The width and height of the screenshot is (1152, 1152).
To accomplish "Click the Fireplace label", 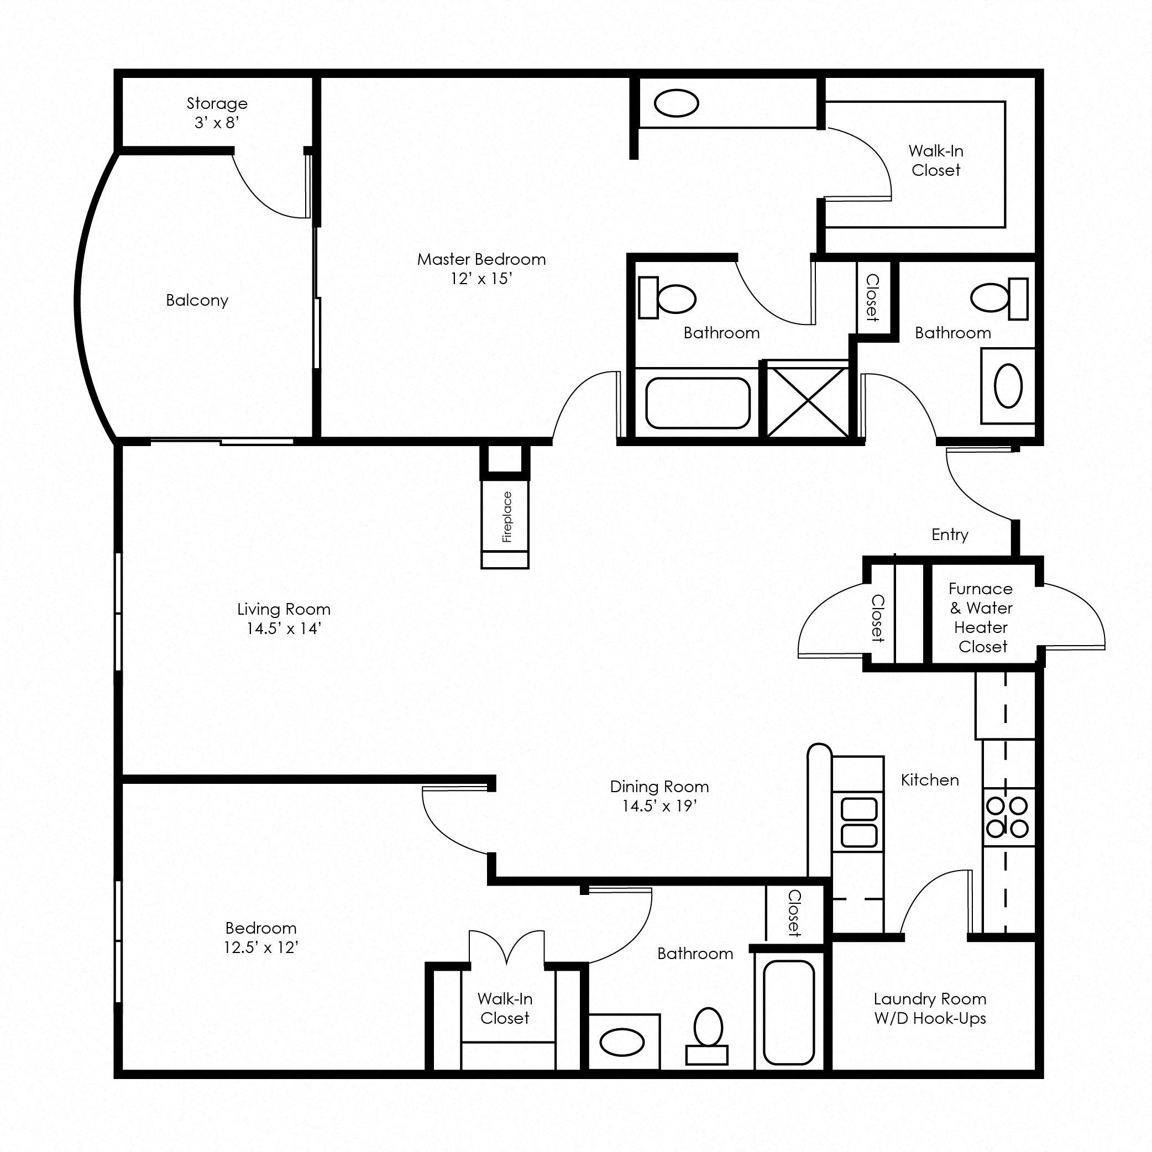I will tap(507, 516).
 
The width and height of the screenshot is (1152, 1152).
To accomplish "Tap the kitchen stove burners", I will tap(1007, 817).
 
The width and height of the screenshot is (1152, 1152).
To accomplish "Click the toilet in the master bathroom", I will tap(668, 298).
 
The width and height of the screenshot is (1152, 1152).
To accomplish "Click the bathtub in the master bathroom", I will tap(697, 403).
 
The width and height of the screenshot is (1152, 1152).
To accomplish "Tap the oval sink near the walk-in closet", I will tap(676, 104).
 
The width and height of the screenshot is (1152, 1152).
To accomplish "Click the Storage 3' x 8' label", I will tap(217, 113).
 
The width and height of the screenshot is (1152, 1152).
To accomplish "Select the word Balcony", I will tap(197, 300).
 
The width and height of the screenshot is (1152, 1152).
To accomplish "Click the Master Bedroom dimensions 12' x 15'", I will tap(481, 279).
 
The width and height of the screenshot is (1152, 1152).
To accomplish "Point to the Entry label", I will tap(949, 534).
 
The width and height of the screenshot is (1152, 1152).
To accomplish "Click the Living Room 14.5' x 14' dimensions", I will tap(284, 628).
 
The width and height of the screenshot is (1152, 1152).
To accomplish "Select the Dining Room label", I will tap(659, 787).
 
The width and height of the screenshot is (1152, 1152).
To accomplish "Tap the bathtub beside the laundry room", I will tap(789, 1012).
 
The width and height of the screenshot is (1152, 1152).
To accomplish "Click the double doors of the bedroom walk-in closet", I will tap(506, 948).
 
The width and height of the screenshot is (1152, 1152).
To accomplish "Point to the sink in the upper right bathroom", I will tap(1008, 386).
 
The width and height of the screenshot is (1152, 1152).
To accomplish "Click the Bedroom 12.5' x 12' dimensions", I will tap(261, 947).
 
